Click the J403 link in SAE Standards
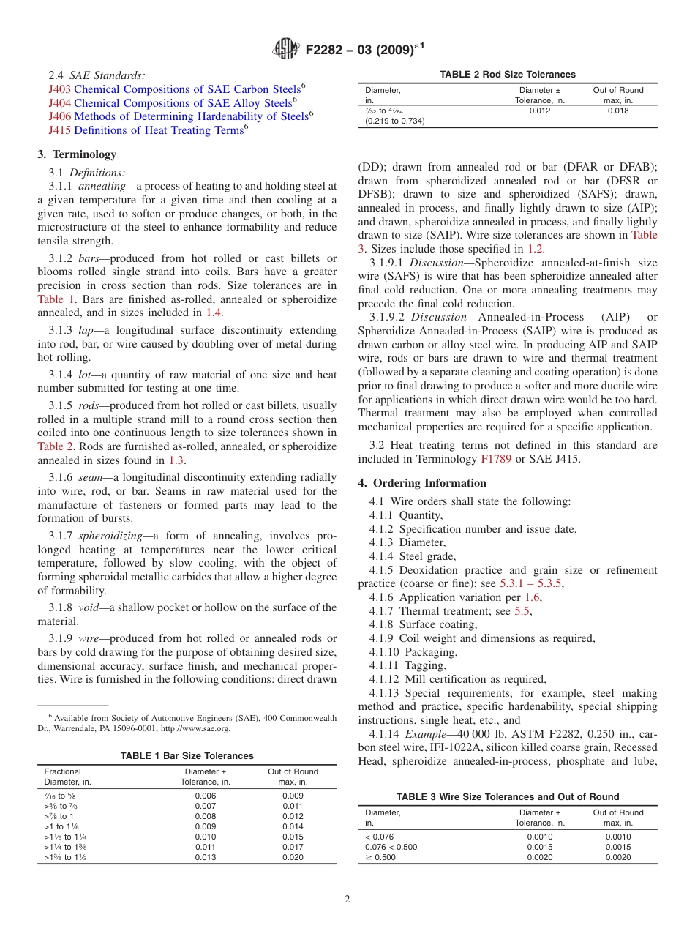tap(59, 89)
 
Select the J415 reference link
tap(59, 131)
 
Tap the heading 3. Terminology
tap(77, 154)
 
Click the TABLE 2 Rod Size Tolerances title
tap(507, 75)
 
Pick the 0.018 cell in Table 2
tap(617, 111)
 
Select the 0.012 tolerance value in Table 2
tap(540, 111)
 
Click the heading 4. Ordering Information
tap(422, 483)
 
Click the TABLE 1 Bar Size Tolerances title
tap(187, 756)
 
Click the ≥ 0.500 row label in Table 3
tap(380, 858)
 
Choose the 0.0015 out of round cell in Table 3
tap(617, 848)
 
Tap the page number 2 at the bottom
tap(347, 900)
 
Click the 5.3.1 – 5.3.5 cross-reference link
tap(531, 584)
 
